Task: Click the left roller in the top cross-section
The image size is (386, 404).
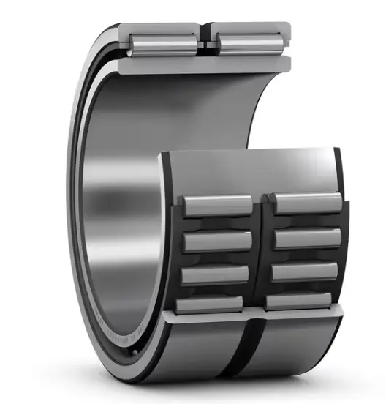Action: click(x=162, y=41)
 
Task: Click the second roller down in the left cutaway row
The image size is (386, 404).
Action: click(x=217, y=242)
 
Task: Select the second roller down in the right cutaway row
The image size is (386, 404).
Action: click(x=308, y=239)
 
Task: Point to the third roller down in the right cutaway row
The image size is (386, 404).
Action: click(x=306, y=270)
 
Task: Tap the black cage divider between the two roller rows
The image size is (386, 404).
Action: click(x=261, y=249)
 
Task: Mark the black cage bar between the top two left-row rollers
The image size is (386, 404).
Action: click(x=217, y=224)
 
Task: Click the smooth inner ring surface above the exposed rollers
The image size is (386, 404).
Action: click(x=249, y=168)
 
